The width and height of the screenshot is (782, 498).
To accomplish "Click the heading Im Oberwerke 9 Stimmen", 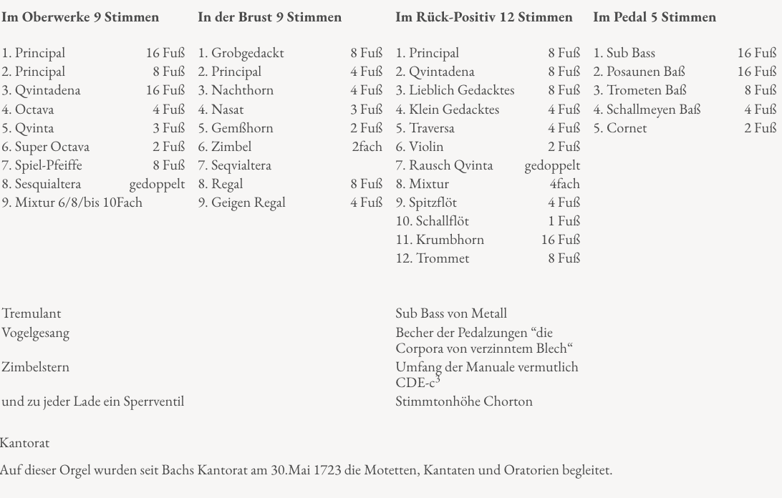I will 80,16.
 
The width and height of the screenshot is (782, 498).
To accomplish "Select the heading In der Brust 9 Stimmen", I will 270,16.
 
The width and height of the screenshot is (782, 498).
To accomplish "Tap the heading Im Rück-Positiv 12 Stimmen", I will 484,16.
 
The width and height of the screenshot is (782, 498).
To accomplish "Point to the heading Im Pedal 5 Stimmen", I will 655,16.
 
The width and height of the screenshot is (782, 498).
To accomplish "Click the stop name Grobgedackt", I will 247,53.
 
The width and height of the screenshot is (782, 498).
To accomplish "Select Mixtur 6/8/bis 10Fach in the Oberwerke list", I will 72,202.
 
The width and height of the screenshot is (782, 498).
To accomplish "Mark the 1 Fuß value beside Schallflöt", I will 564,221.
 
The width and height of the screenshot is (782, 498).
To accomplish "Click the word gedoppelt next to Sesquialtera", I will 157,184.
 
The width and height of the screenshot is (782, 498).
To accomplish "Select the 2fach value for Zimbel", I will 367,147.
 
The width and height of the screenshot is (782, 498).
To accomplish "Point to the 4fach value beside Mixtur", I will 564,184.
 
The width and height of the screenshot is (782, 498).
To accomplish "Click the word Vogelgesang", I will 36,333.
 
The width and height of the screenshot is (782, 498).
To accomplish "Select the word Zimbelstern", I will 36,367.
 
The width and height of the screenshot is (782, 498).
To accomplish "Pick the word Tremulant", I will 32,313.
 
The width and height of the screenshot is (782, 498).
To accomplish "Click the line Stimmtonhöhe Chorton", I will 464,401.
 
